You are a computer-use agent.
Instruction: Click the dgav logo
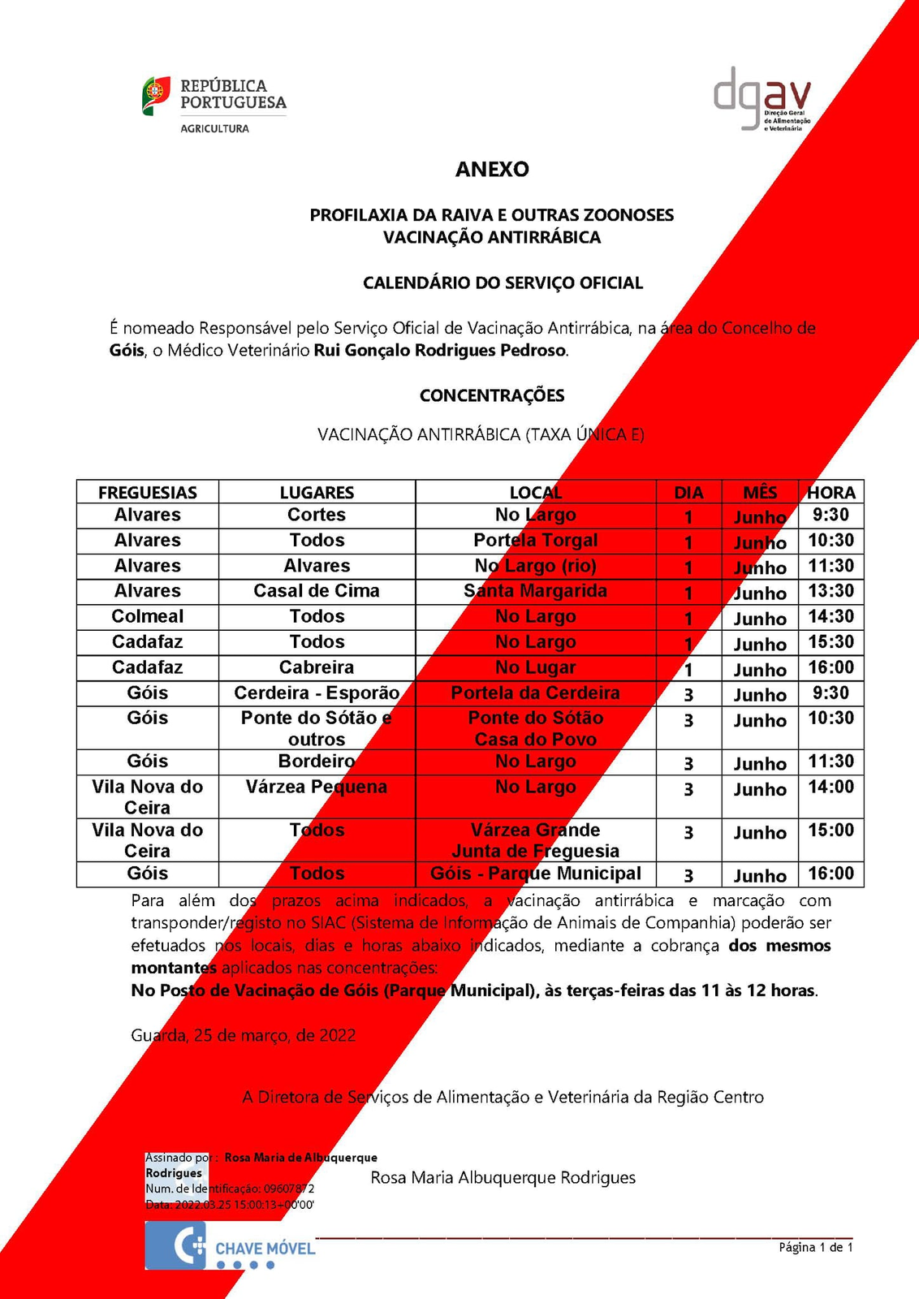click(762, 100)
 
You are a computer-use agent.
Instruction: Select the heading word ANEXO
click(492, 169)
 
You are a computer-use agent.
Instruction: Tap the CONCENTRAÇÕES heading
click(492, 395)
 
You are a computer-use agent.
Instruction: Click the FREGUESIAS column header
click(148, 492)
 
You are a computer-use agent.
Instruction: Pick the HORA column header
click(831, 492)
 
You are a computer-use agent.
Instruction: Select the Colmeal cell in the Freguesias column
click(148, 616)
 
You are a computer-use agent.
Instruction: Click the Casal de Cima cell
click(317, 591)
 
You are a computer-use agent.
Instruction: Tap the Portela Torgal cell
click(535, 541)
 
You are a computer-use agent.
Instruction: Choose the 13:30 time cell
click(831, 591)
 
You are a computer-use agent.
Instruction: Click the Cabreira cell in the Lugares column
click(317, 667)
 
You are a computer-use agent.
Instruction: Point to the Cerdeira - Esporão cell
click(317, 693)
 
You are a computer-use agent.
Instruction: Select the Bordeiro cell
click(317, 762)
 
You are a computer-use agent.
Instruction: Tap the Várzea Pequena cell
click(317, 787)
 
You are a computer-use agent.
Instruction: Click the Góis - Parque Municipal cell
click(535, 874)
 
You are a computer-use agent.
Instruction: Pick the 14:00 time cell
click(831, 787)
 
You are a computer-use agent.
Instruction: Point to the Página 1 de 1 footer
click(815, 1247)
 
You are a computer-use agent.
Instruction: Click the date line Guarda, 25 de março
click(243, 1035)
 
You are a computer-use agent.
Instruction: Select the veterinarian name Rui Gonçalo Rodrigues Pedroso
click(440, 351)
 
